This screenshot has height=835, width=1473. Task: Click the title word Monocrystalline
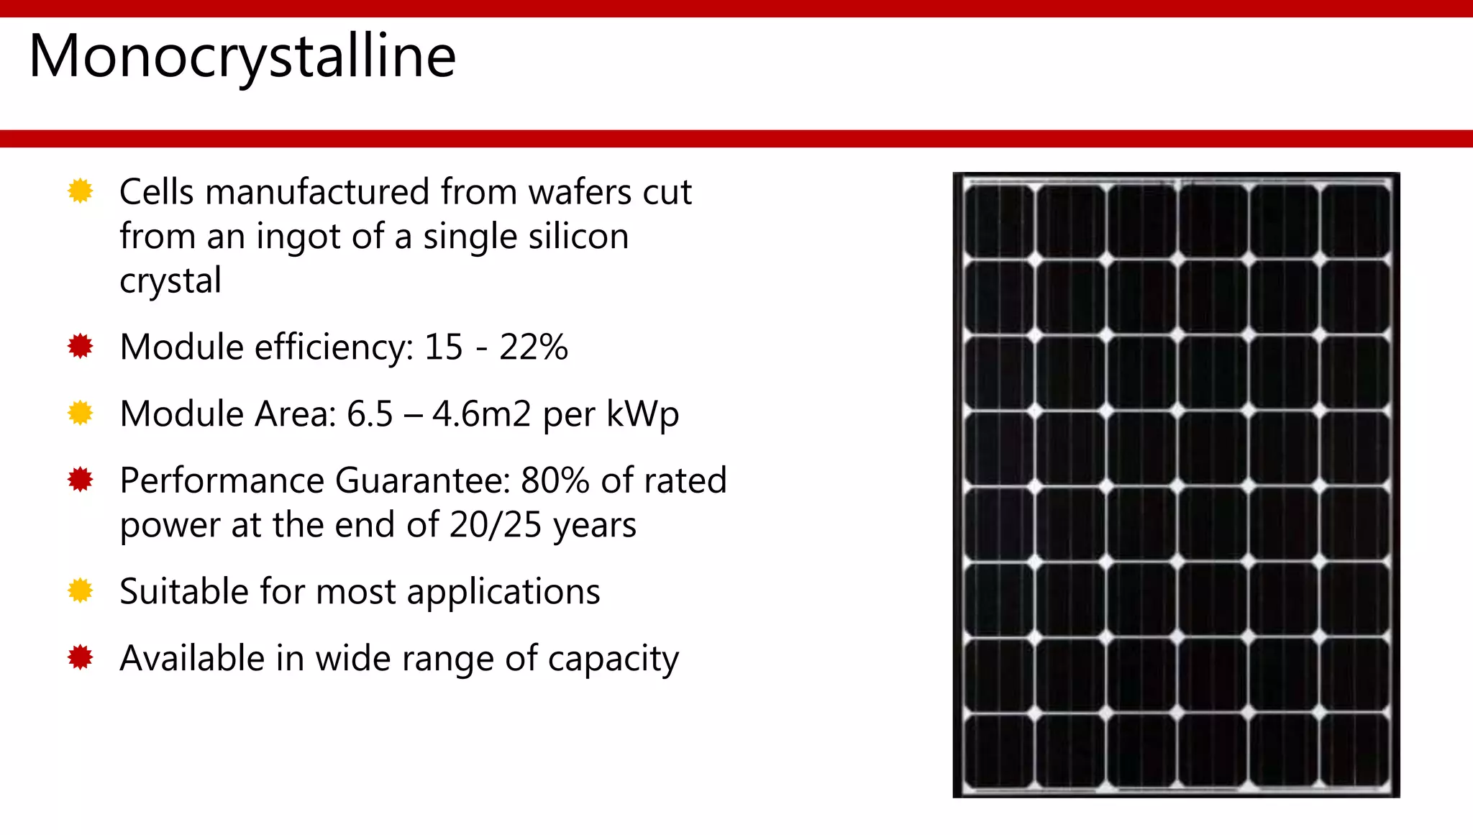click(242, 57)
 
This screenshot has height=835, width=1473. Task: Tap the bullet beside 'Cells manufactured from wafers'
click(81, 191)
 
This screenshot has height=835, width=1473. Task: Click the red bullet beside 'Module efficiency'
click(81, 347)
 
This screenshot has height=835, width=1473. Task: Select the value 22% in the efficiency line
click(534, 347)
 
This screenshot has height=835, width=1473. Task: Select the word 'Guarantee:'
click(423, 480)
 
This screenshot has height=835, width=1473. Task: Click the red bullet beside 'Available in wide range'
click(81, 657)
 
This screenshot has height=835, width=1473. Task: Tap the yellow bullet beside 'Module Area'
click(81, 414)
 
